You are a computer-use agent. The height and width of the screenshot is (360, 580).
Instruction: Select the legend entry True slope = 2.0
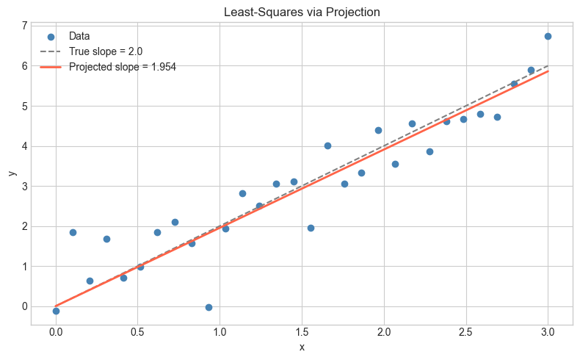[106, 51]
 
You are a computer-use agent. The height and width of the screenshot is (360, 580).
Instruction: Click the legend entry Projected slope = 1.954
[123, 67]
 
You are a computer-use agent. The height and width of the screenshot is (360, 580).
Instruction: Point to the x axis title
[302, 347]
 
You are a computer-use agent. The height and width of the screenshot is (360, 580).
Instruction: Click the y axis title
[10, 173]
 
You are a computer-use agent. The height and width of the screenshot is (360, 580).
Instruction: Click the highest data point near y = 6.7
[548, 36]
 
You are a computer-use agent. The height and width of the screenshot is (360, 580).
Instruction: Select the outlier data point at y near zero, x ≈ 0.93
[209, 307]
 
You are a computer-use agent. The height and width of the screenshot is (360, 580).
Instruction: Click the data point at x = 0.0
[56, 311]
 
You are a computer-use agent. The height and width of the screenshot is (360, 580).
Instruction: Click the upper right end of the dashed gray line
[548, 66]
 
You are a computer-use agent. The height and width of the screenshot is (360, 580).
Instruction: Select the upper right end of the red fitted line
[548, 71]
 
